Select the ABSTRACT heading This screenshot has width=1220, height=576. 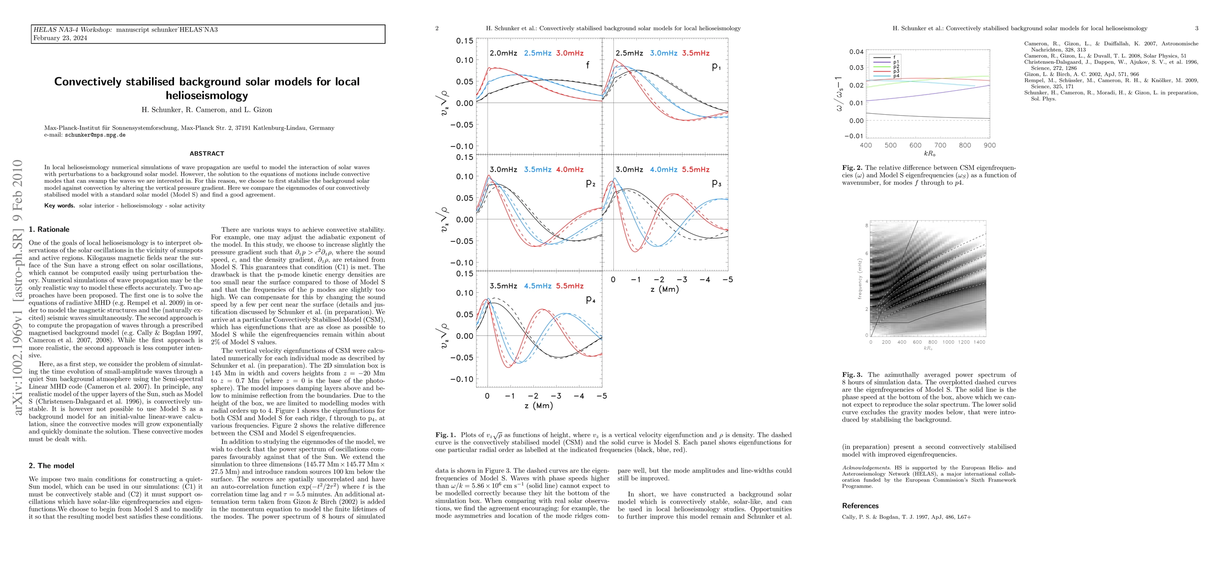coord(207,154)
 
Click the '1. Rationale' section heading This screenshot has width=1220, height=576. coord(49,229)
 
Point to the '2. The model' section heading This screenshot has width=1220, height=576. coord(51,466)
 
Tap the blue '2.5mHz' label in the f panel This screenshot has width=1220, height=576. coord(537,53)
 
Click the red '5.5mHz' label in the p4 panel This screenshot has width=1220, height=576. coord(570,286)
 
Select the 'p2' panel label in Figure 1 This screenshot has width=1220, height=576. coord(590,183)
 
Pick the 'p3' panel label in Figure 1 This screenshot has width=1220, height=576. coord(716,183)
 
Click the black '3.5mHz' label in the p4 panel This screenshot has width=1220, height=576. coord(503,286)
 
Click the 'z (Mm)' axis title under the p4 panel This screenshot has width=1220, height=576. coord(539,406)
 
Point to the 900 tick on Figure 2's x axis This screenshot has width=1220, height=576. coord(989,145)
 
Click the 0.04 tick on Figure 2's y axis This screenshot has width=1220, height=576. coord(856,52)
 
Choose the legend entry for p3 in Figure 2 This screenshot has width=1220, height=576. coord(896,71)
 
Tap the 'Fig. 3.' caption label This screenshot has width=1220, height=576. coord(852,375)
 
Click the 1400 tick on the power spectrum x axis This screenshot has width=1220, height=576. coord(979,342)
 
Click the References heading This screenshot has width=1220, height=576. coord(860,506)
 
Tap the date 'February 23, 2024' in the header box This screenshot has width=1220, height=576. coord(60,38)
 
